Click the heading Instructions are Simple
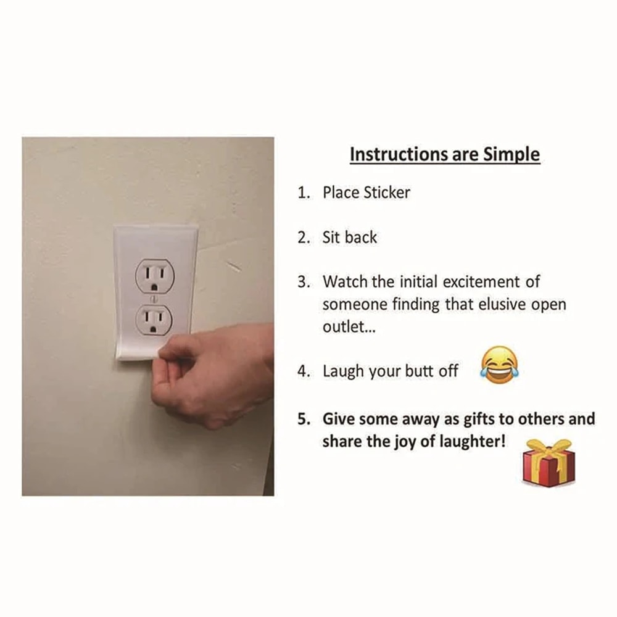[x=444, y=154]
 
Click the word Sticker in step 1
[x=386, y=192]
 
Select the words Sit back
[x=349, y=238]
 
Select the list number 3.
[x=303, y=282]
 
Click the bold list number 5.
[x=303, y=419]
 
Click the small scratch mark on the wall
[x=233, y=266]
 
